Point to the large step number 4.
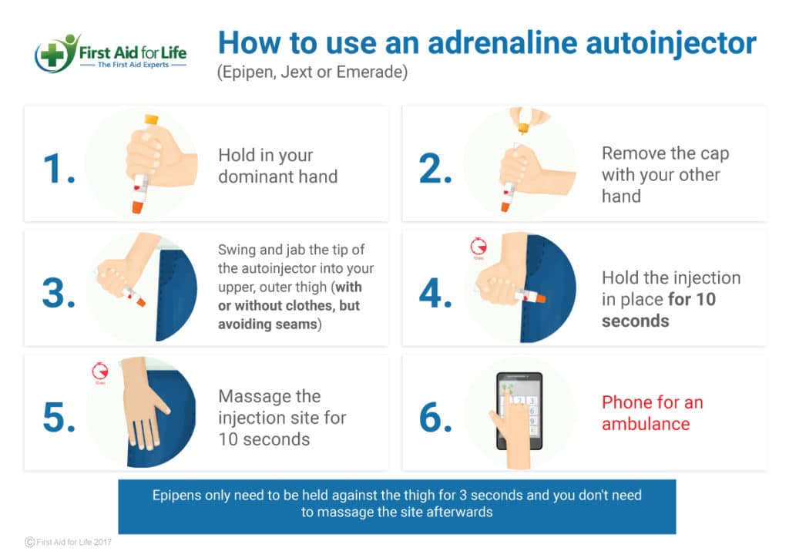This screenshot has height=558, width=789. click(436, 293)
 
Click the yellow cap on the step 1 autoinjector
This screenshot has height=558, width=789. click(151, 120)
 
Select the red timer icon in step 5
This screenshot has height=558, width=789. click(99, 371)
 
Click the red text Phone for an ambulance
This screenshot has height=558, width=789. click(652, 413)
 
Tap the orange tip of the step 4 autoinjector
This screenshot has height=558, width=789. click(540, 297)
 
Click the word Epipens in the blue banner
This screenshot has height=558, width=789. click(178, 495)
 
